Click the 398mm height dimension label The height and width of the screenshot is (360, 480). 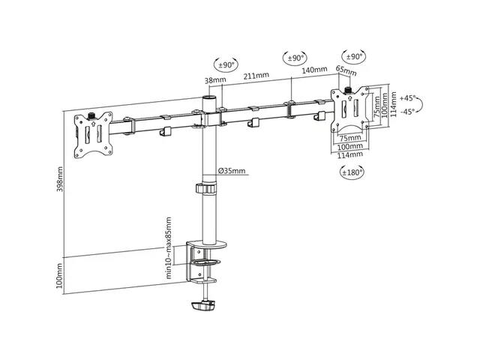click(x=60, y=179)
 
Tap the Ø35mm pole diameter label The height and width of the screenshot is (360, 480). click(x=232, y=170)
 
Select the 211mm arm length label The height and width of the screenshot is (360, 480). click(x=256, y=75)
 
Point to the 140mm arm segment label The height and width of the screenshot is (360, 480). click(x=314, y=70)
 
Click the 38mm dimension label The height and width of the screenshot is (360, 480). click(x=215, y=80)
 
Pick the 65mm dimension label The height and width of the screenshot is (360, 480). click(x=346, y=70)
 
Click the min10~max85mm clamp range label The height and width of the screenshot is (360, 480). click(x=168, y=248)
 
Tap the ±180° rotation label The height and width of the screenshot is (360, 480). click(x=352, y=172)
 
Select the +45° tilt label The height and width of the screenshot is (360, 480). click(x=407, y=98)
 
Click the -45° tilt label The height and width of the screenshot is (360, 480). click(x=408, y=112)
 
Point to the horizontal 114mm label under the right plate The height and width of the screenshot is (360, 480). click(x=350, y=155)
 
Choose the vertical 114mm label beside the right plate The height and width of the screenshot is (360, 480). click(x=393, y=105)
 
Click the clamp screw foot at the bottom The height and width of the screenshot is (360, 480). click(x=203, y=306)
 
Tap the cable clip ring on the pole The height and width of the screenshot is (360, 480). click(x=206, y=188)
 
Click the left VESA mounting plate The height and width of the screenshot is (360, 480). click(x=93, y=135)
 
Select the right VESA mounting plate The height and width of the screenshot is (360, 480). click(x=350, y=109)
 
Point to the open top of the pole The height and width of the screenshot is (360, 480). click(x=209, y=98)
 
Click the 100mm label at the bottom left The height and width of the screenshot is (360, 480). click(x=60, y=275)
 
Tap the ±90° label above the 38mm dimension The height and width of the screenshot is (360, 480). click(x=226, y=65)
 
